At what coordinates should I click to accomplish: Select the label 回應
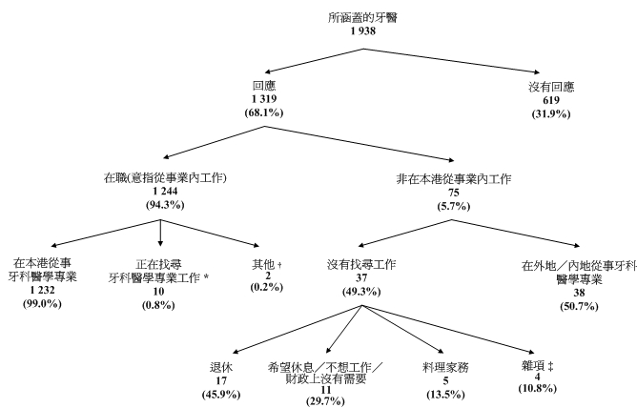264,85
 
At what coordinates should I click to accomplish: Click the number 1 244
160,192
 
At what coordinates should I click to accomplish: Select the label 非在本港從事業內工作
453,178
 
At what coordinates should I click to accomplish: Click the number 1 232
46,290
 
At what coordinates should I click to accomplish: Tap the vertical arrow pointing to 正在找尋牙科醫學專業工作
160,234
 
